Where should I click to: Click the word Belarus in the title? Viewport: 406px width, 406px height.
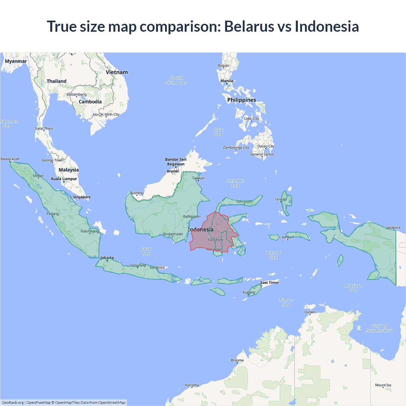249,26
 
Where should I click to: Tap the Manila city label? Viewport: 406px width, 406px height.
227,81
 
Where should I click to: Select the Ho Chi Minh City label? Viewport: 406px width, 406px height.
106,115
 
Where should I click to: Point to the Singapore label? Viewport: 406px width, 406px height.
82,197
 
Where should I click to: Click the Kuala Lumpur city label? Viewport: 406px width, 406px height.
64,179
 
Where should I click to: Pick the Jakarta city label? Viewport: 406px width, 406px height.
107,258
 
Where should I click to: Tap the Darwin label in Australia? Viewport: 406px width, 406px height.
310,312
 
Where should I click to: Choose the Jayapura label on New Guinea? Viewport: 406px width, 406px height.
393,227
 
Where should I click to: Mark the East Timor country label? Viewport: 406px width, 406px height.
270,283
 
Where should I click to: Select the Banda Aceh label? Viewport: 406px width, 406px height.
10,159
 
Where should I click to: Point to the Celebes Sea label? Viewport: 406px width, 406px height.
235,183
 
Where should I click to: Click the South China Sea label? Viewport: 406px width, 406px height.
176,80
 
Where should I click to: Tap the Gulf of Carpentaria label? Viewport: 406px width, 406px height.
379,328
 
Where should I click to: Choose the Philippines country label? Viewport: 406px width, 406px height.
242,100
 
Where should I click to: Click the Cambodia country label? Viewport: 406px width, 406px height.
90,102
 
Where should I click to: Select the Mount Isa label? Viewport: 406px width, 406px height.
383,385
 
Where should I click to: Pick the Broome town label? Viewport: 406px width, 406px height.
237,360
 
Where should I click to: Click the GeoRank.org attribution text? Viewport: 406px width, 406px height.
13,403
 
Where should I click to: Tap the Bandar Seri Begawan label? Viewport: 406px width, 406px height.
176,162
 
